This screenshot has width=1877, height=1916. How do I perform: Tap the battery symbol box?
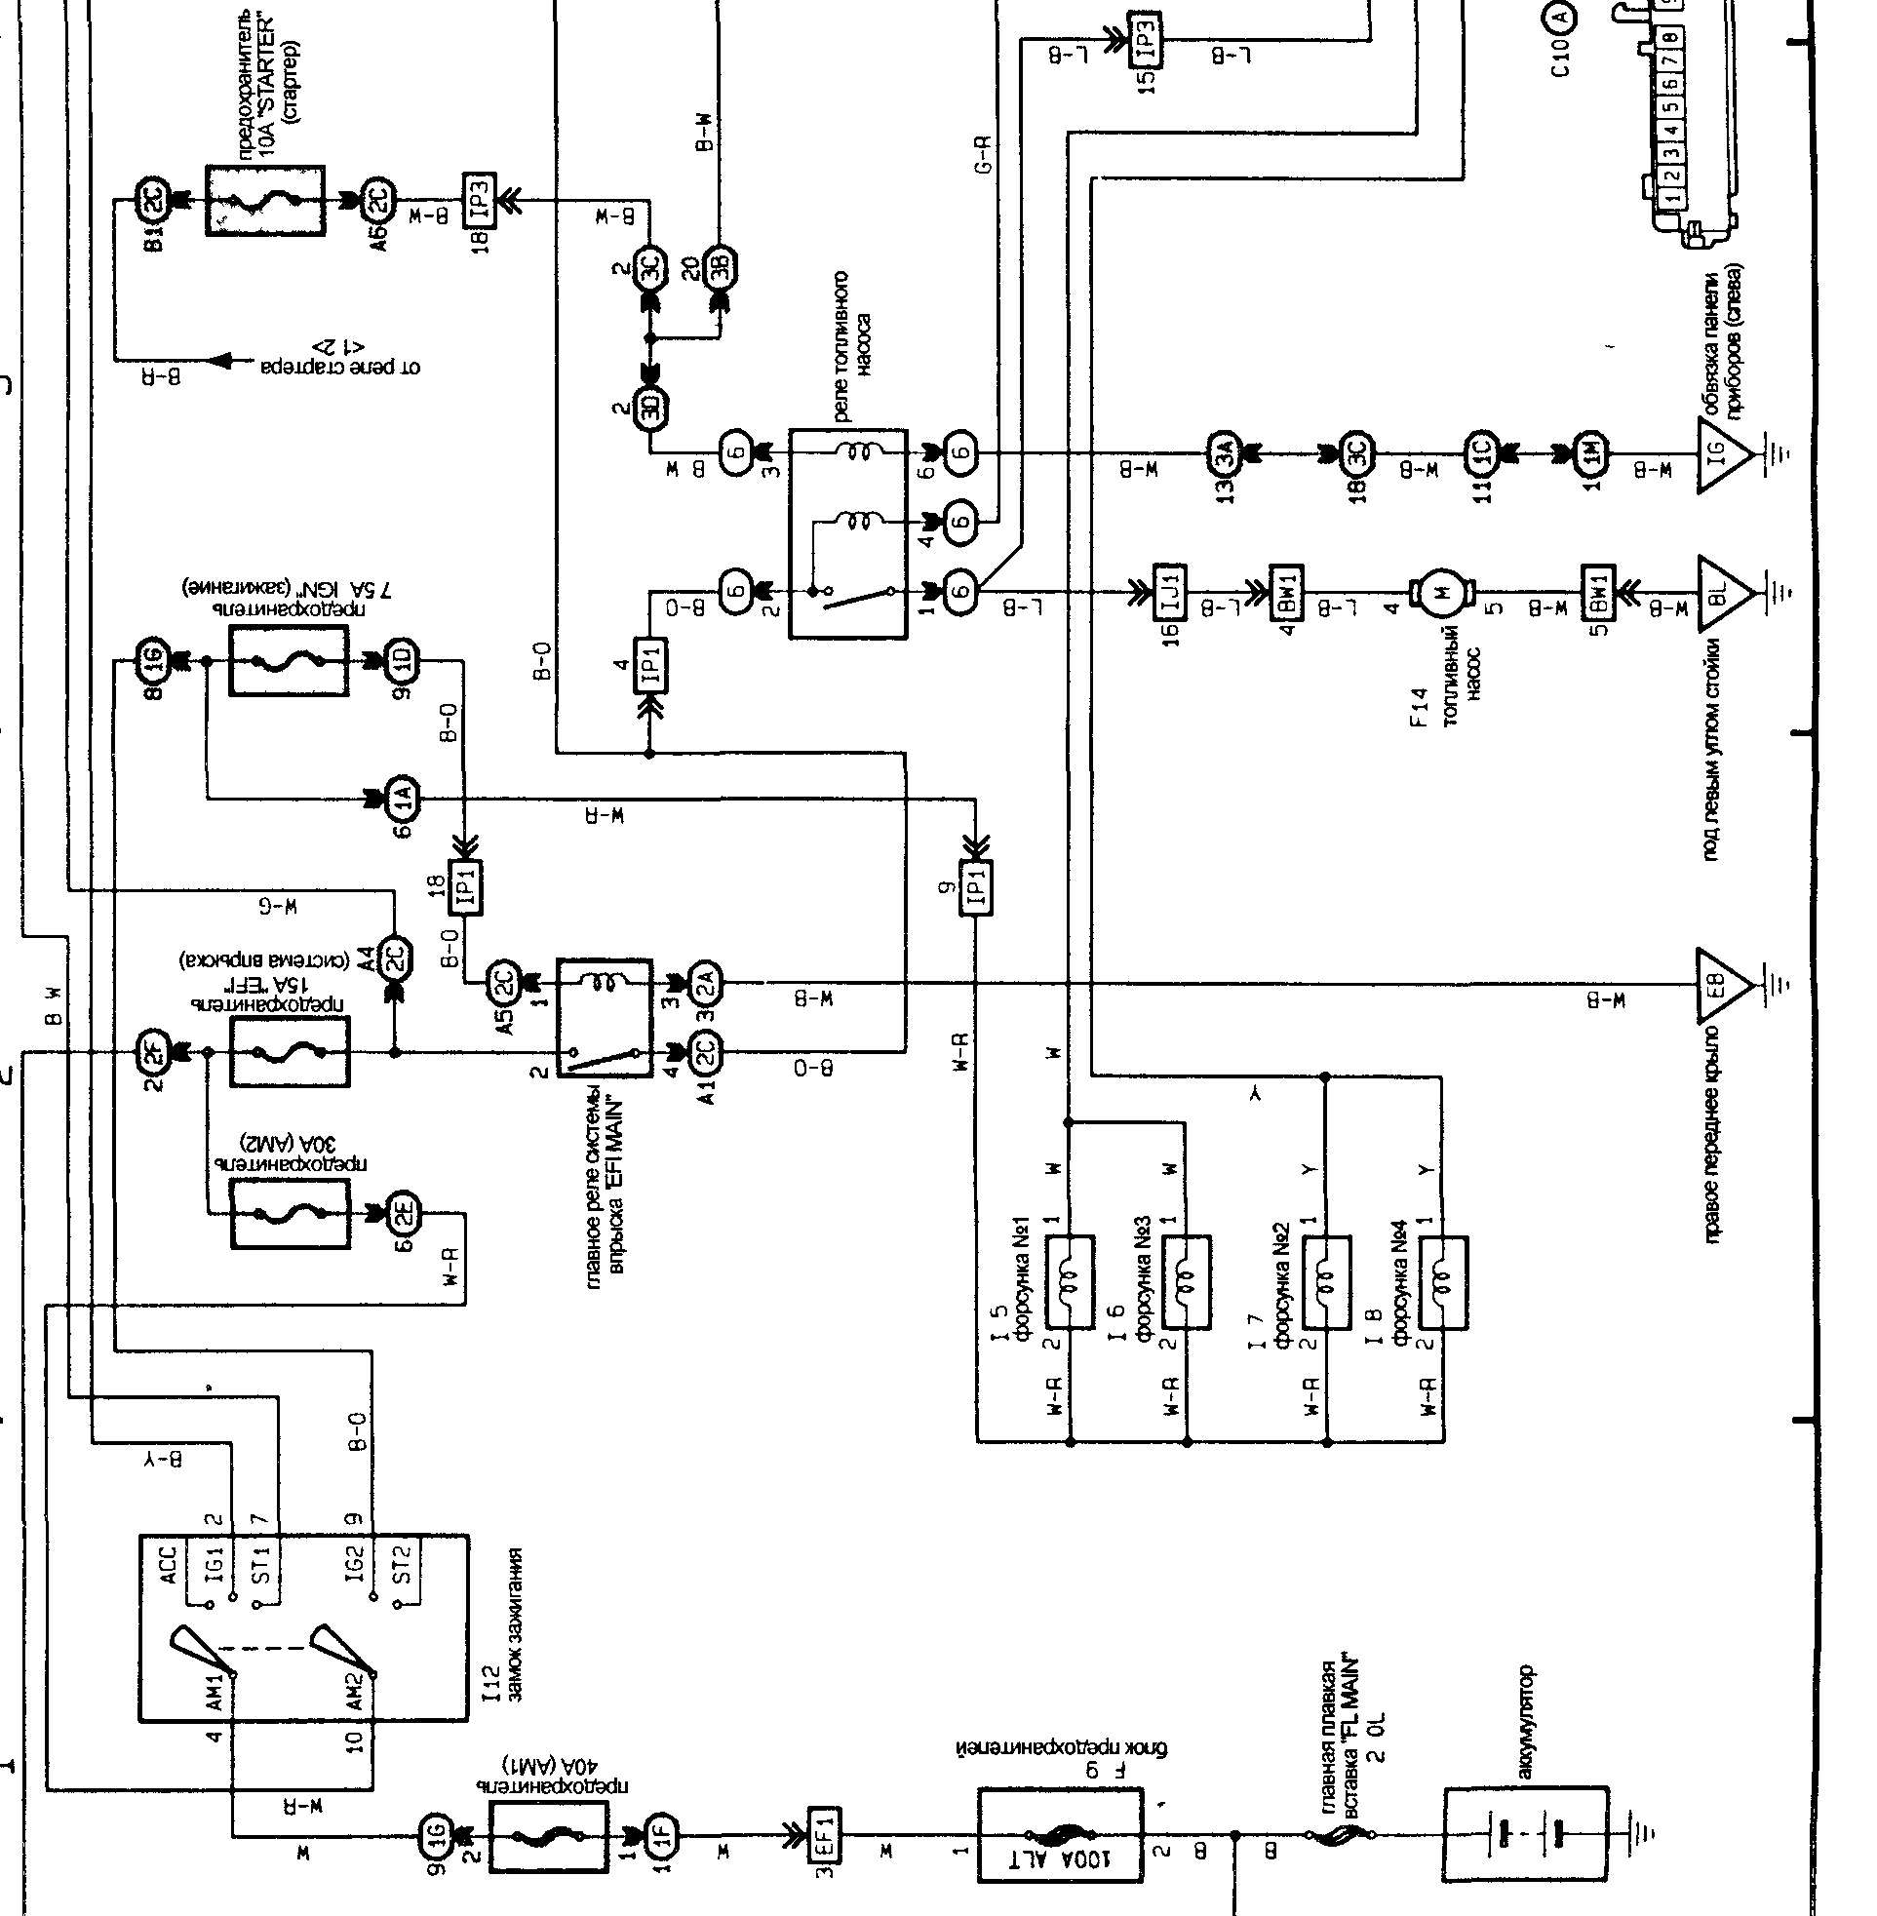tap(1525, 1834)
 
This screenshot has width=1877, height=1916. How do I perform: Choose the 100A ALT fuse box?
tap(1061, 1835)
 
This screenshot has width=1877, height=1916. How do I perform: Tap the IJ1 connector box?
tap(1170, 591)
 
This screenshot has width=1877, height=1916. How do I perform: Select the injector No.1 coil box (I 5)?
tap(1070, 1282)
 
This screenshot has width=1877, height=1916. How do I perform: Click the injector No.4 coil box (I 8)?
tap(1442, 1282)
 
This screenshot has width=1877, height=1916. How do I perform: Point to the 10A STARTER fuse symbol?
tap(265, 200)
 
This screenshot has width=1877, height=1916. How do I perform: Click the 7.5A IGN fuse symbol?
tap(288, 660)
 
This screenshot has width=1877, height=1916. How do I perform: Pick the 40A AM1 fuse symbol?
tap(548, 1835)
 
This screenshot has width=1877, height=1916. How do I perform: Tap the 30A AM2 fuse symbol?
tap(289, 1213)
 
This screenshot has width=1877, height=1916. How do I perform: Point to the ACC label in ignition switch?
tap(168, 1566)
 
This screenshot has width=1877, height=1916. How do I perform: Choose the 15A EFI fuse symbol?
tap(288, 1053)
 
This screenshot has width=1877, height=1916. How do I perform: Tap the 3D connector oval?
tap(650, 406)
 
